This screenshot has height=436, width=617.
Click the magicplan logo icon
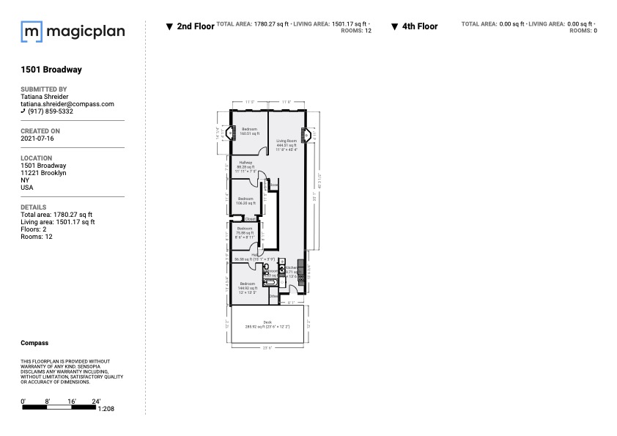click(x=32, y=32)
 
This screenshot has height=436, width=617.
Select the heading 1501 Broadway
click(x=51, y=70)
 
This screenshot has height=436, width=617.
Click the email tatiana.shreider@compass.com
click(x=67, y=104)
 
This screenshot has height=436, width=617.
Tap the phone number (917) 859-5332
click(x=51, y=111)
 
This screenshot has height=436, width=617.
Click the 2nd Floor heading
click(x=195, y=26)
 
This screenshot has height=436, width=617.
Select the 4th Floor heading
click(x=419, y=26)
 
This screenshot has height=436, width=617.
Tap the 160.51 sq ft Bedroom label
click(x=249, y=132)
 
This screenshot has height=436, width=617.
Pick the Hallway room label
click(x=245, y=165)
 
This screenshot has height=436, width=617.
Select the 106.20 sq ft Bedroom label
click(x=245, y=201)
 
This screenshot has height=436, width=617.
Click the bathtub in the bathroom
click(x=269, y=282)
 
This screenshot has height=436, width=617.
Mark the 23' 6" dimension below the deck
click(x=267, y=347)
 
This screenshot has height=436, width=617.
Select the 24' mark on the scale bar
click(x=95, y=401)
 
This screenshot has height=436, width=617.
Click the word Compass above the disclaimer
click(x=34, y=343)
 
